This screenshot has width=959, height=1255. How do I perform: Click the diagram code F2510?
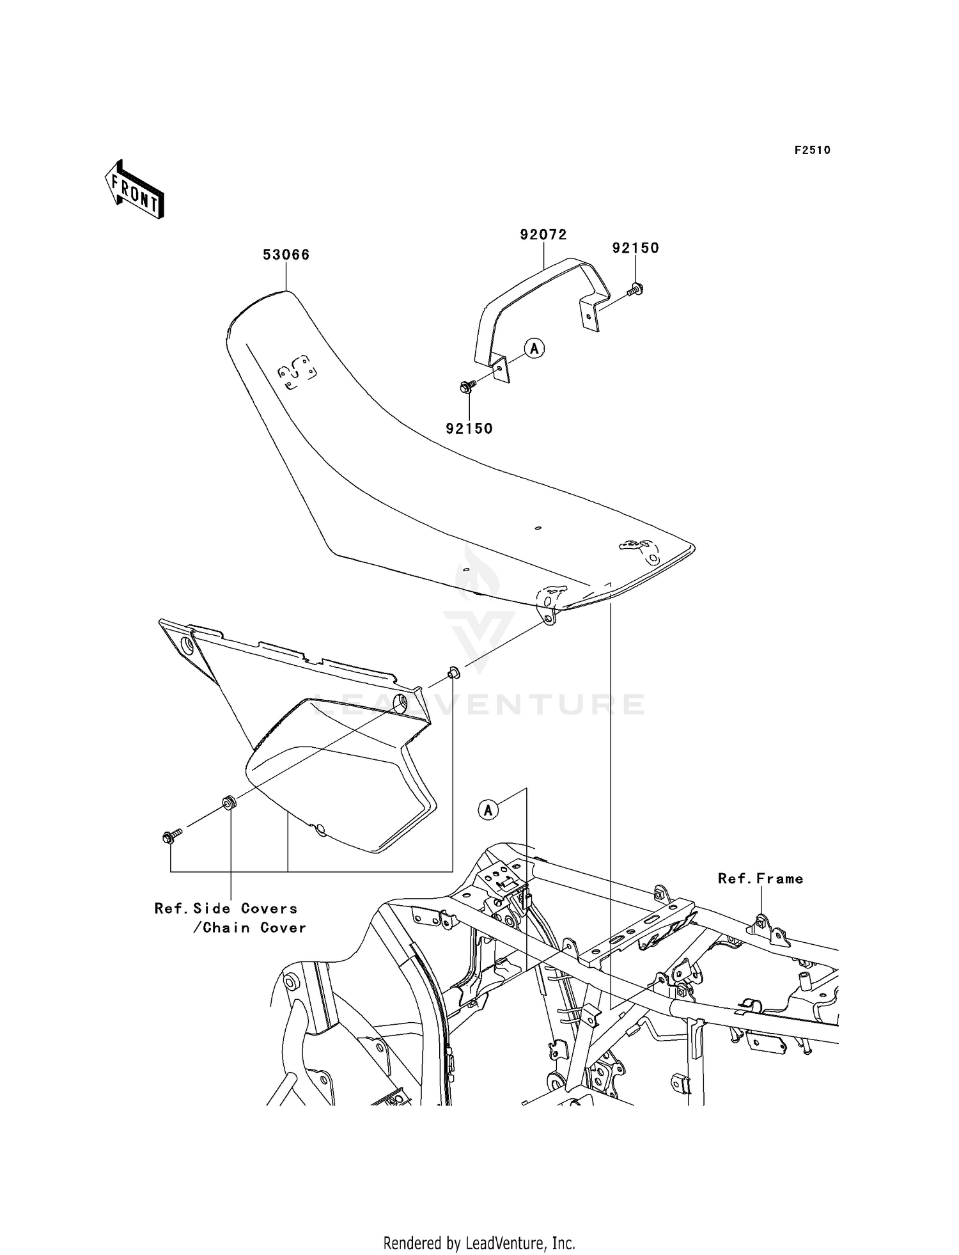coord(812,150)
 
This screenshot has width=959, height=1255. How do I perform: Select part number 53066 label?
coord(286,255)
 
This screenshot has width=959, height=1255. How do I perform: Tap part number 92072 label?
coord(543,235)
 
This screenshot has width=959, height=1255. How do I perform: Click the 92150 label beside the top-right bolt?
coord(635,248)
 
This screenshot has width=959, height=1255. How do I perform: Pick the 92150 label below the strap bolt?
coord(469,429)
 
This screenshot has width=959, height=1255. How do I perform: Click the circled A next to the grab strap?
coord(534,348)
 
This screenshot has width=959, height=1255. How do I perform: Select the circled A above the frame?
coord(488,810)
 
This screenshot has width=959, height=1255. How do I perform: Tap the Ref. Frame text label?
coord(760,879)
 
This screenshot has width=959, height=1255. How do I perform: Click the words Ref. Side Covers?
coord(226,908)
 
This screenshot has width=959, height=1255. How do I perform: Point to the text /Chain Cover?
coord(249,927)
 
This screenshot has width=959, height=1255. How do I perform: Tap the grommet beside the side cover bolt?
coord(227,802)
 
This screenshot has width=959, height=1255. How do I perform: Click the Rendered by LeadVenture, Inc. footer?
coord(479,1243)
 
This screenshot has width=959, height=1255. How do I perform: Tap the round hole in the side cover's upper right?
coord(400,704)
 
